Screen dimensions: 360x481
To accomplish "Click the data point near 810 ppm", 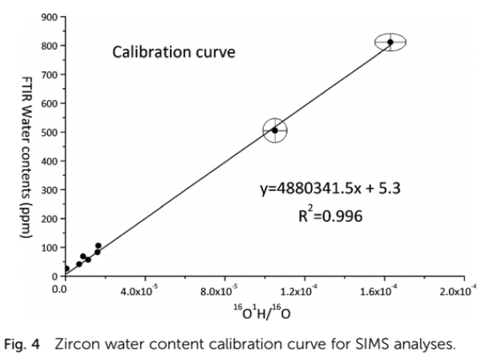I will (x=390, y=42).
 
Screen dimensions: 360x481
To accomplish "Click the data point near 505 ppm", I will (x=275, y=130).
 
